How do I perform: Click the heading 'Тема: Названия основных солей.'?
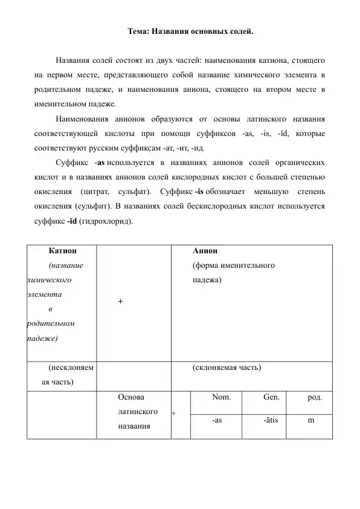click(191, 31)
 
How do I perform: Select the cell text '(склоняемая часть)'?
click(227, 368)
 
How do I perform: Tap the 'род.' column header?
click(315, 398)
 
